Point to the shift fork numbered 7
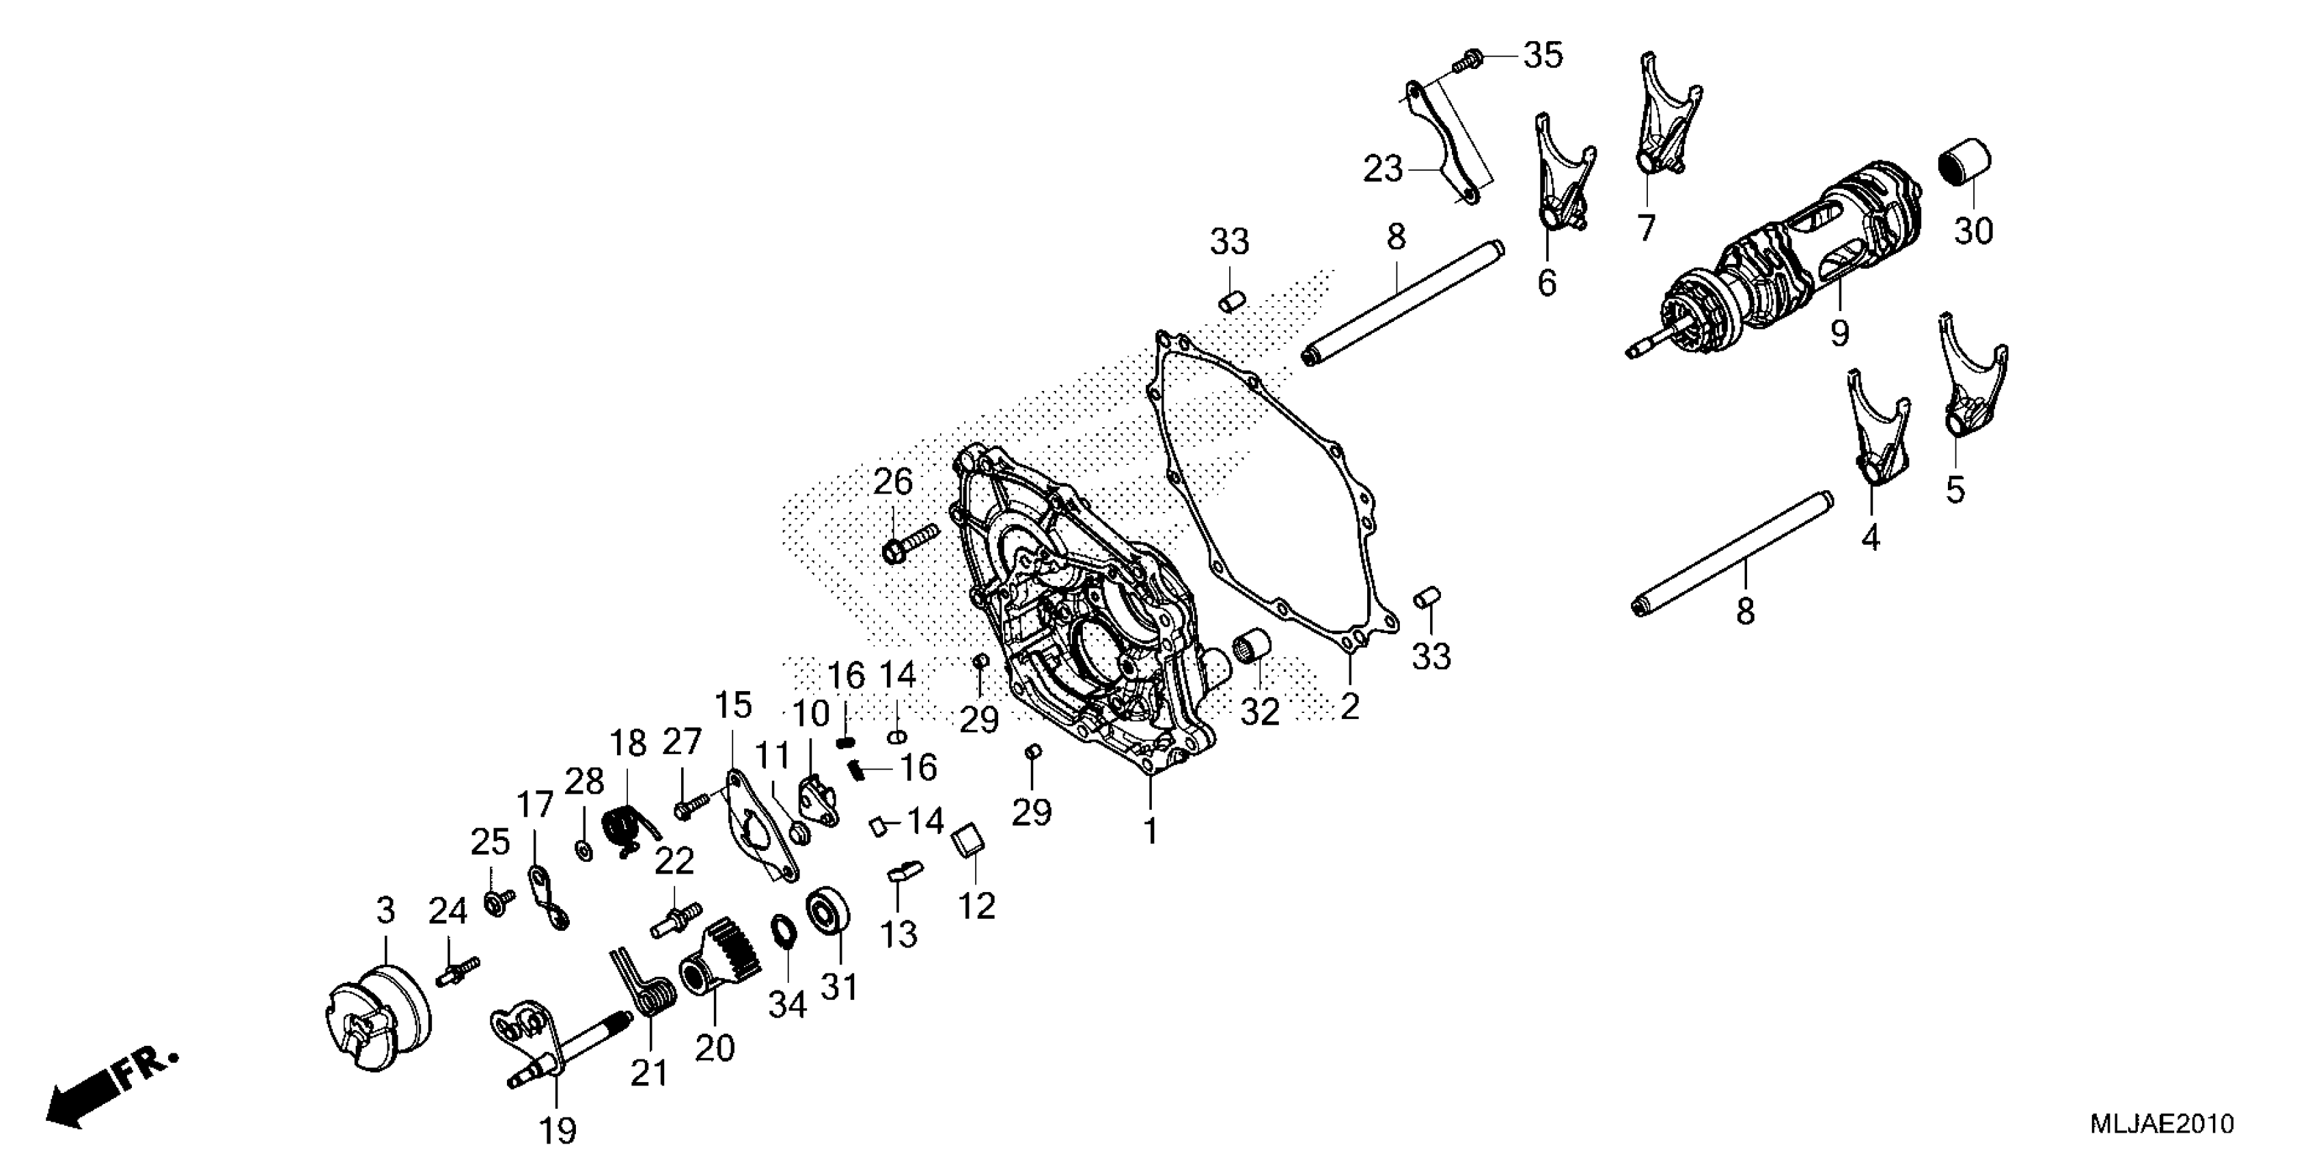pyautogui.click(x=1664, y=126)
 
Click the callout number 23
pyautogui.click(x=1382, y=169)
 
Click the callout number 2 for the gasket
pyautogui.click(x=1349, y=706)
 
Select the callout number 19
pyautogui.click(x=558, y=1129)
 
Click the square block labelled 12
pyautogui.click(x=967, y=840)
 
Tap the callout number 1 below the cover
pyautogui.click(x=1151, y=830)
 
